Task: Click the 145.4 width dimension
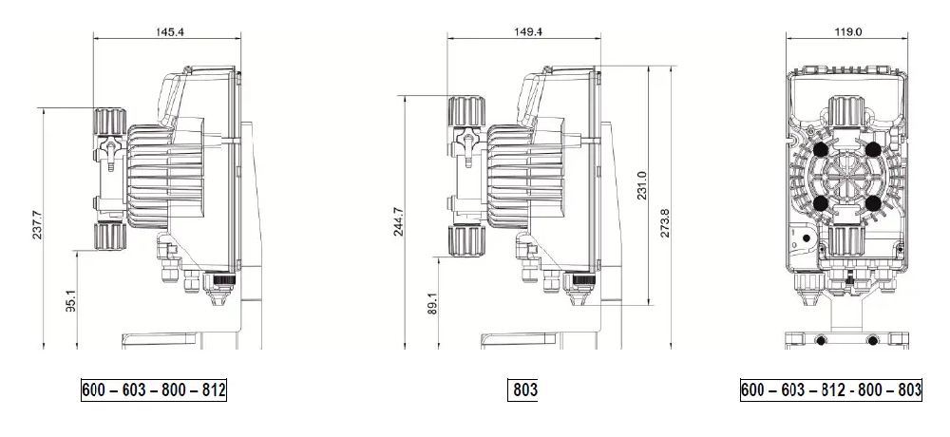[x=170, y=31]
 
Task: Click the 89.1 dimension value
[x=433, y=304]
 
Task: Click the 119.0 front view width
[x=846, y=31]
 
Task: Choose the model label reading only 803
[x=525, y=390]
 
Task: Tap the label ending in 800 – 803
[x=831, y=390]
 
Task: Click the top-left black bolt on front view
[x=819, y=149]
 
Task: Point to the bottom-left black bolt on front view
[x=819, y=202]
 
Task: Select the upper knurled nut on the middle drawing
[x=465, y=110]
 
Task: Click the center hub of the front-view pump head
[x=845, y=176]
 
